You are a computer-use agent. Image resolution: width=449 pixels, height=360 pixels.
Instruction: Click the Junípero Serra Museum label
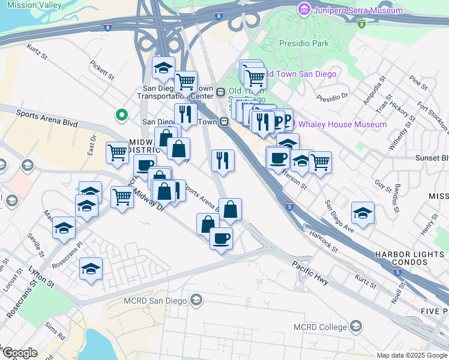pos(358,10)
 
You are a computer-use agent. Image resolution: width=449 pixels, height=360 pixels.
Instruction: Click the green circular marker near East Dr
pos(121,113)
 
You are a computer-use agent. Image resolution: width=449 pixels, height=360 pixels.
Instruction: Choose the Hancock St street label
pos(325,239)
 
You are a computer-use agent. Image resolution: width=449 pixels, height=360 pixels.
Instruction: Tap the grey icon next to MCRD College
pos(356,327)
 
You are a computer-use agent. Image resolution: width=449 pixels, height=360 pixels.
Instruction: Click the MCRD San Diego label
pos(155,299)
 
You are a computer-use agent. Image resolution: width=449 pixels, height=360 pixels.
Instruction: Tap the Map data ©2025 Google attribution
pos(412,355)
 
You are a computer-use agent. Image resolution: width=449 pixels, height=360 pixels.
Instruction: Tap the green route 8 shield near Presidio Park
pos(361,24)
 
